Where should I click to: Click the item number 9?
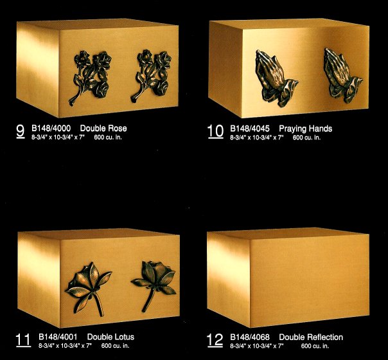tap(21, 131)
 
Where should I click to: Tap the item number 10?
tap(216, 131)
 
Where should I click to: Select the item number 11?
tap(23, 340)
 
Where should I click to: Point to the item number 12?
tap(215, 340)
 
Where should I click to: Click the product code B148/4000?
tap(51, 129)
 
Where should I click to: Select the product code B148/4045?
tap(250, 129)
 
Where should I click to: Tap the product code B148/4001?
tap(58, 337)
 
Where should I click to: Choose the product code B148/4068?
tap(250, 337)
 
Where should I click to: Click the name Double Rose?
tap(103, 129)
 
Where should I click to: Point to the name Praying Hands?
tap(306, 129)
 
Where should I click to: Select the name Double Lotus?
tap(110, 337)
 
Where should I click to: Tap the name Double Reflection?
tap(311, 337)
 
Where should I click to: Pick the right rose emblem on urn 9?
tap(152, 75)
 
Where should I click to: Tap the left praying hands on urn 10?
tap(276, 78)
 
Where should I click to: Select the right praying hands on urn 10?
tap(343, 75)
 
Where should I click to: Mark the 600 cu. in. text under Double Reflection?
tap(315, 346)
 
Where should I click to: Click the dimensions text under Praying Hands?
tap(257, 138)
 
